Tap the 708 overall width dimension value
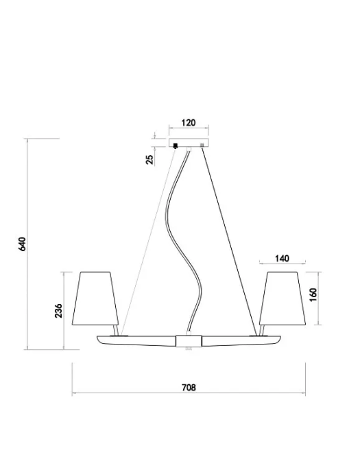pos(189,388)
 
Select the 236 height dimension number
pos(59,311)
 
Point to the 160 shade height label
pos(313,294)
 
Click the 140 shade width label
pos(282,259)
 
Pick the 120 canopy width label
pos(189,122)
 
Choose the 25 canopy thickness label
pos(150,160)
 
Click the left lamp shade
pos(95,299)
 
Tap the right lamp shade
pos(283,299)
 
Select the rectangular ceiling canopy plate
pos(189,143)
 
